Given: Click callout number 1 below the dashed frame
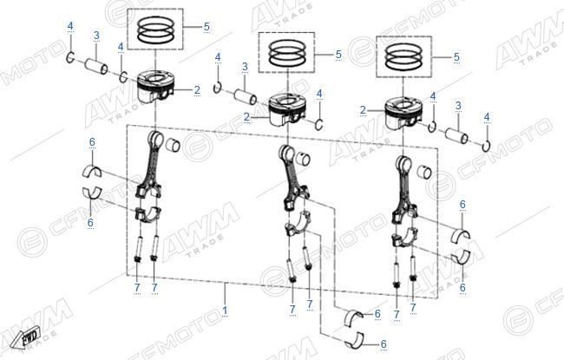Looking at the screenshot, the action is pyautogui.click(x=226, y=311).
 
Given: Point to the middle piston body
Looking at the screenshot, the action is pyautogui.click(x=287, y=109).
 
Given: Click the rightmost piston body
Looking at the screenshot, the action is pyautogui.click(x=404, y=113).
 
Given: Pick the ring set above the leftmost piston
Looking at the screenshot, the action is pyautogui.click(x=155, y=29).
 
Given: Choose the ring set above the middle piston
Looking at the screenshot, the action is pyautogui.click(x=287, y=53).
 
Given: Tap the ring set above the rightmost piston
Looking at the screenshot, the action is pyautogui.click(x=403, y=56).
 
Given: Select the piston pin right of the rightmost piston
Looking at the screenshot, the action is pyautogui.click(x=456, y=135).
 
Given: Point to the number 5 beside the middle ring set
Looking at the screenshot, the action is pyautogui.click(x=338, y=55).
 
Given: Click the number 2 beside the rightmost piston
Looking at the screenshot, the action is pyautogui.click(x=363, y=110).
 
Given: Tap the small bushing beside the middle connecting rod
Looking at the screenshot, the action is pyautogui.click(x=303, y=158).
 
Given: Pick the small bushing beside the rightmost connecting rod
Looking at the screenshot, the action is pyautogui.click(x=424, y=172).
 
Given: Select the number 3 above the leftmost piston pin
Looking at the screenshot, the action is pyautogui.click(x=96, y=36).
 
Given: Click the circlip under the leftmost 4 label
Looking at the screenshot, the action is pyautogui.click(x=70, y=57).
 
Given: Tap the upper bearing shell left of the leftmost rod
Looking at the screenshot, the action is pyautogui.click(x=92, y=171).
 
